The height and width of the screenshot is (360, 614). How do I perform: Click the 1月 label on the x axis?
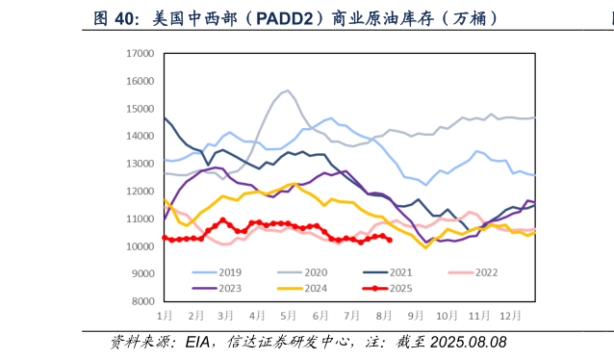(166, 316)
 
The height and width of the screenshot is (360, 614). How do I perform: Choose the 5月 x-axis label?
(289, 316)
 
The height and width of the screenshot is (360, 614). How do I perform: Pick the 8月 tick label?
(383, 316)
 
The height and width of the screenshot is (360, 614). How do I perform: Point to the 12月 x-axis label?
(506, 316)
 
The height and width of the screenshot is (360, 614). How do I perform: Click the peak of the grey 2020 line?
(287, 90)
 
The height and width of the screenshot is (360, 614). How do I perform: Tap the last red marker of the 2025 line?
(389, 240)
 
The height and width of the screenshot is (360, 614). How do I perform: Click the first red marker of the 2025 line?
(165, 237)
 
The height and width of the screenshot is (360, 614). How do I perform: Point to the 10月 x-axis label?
(446, 316)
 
